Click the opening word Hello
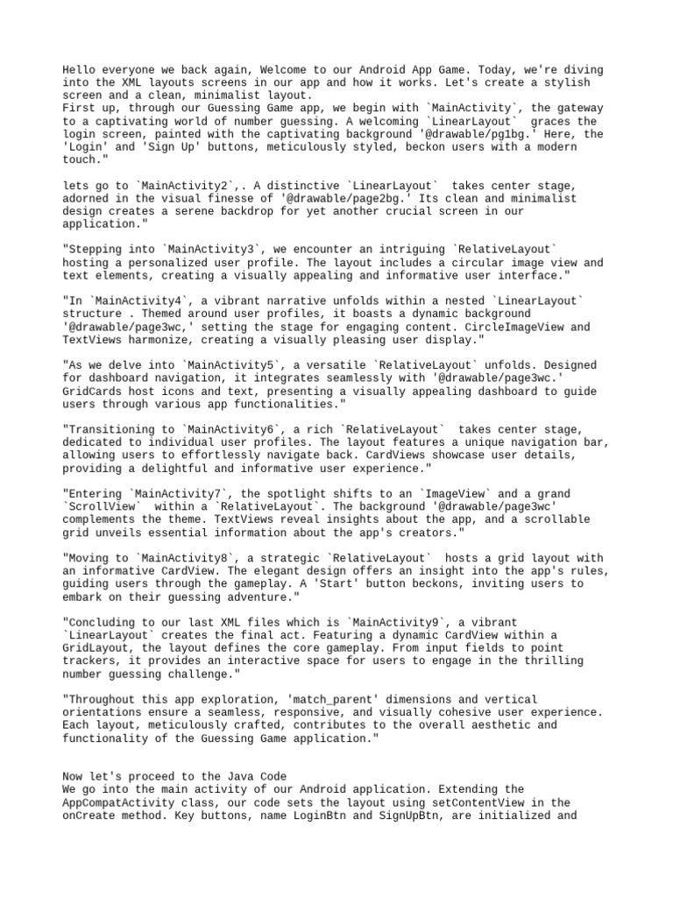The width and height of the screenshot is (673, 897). point(81,70)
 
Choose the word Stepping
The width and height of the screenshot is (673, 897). point(96,250)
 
